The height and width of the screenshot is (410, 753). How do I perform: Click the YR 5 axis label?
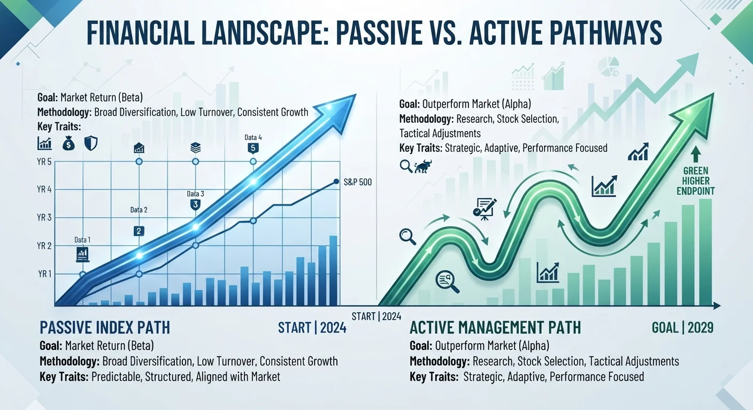coord(44,162)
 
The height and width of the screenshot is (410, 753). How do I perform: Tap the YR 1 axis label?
coord(45,274)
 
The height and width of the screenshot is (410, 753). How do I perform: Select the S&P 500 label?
coord(358,182)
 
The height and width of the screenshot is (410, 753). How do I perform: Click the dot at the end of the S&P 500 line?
coord(336,182)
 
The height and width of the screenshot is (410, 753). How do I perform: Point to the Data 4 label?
coord(253,137)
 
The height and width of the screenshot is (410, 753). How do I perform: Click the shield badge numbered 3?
coord(195,204)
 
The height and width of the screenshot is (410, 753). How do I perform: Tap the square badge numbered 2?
coord(139,231)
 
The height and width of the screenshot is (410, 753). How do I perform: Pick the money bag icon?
coord(68,144)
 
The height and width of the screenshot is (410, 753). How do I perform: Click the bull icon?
coord(423,166)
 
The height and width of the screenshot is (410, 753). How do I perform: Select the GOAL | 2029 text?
coord(682,328)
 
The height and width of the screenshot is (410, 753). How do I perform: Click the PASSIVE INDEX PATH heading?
coord(105,327)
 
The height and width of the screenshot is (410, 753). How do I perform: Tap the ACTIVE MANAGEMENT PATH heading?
coord(495,327)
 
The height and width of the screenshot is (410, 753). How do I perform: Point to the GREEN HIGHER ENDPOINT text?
coord(696,181)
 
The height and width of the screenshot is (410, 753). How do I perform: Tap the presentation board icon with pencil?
coord(485,209)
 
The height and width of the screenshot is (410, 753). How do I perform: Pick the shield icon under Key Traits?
coord(91,143)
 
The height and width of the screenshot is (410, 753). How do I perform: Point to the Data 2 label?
coord(139,210)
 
